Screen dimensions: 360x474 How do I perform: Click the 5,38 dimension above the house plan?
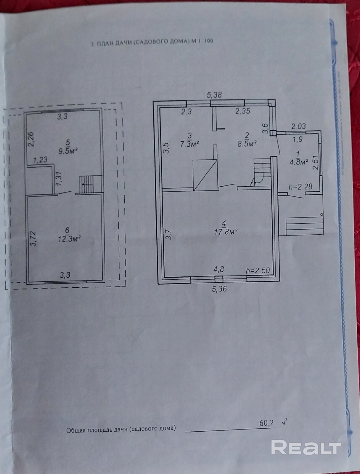(214, 95)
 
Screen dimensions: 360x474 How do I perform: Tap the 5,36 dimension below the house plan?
(219, 289)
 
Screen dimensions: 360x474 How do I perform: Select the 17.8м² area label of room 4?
(226, 231)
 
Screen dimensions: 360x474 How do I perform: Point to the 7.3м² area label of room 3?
(190, 144)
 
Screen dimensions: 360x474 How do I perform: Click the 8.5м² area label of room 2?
(247, 144)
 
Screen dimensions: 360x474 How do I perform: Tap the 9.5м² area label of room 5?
(68, 150)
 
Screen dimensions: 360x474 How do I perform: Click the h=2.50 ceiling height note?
(258, 270)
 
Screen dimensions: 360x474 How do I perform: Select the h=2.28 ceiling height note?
(300, 187)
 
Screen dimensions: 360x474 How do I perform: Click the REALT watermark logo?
(306, 447)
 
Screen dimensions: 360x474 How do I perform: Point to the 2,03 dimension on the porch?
(298, 127)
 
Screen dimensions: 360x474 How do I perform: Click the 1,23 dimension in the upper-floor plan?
(40, 160)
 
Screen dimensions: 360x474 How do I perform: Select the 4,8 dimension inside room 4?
(218, 270)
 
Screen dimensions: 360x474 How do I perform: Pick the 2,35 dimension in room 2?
(243, 111)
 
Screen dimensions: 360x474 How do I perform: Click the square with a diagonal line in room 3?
(205, 175)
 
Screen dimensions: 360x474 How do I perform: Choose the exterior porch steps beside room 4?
(304, 225)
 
